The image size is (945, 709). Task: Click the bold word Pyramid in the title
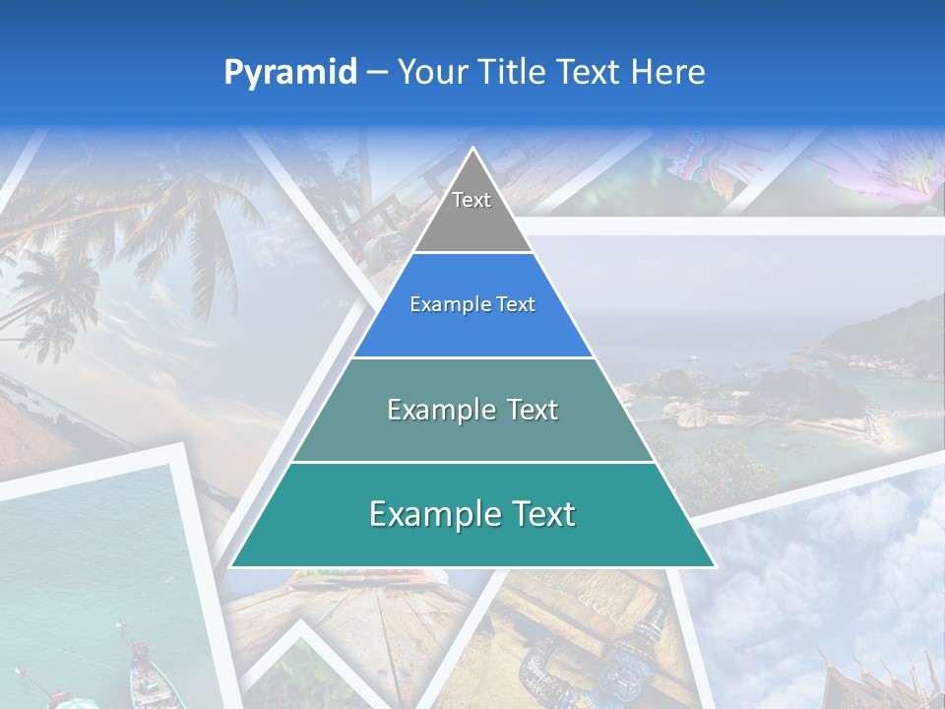coord(290,73)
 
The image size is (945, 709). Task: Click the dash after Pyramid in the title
coord(377,73)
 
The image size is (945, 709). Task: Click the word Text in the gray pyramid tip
coord(472,200)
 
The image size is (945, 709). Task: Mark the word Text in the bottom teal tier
coord(541,514)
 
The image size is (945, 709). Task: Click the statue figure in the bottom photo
coord(630,650)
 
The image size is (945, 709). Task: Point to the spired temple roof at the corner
coord(866,675)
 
